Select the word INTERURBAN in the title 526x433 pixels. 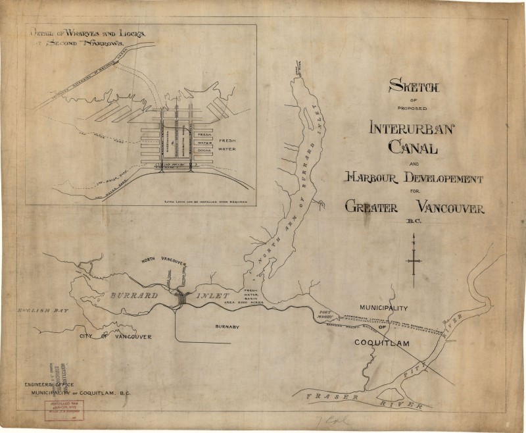point(412,128)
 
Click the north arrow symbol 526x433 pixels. point(414,261)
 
